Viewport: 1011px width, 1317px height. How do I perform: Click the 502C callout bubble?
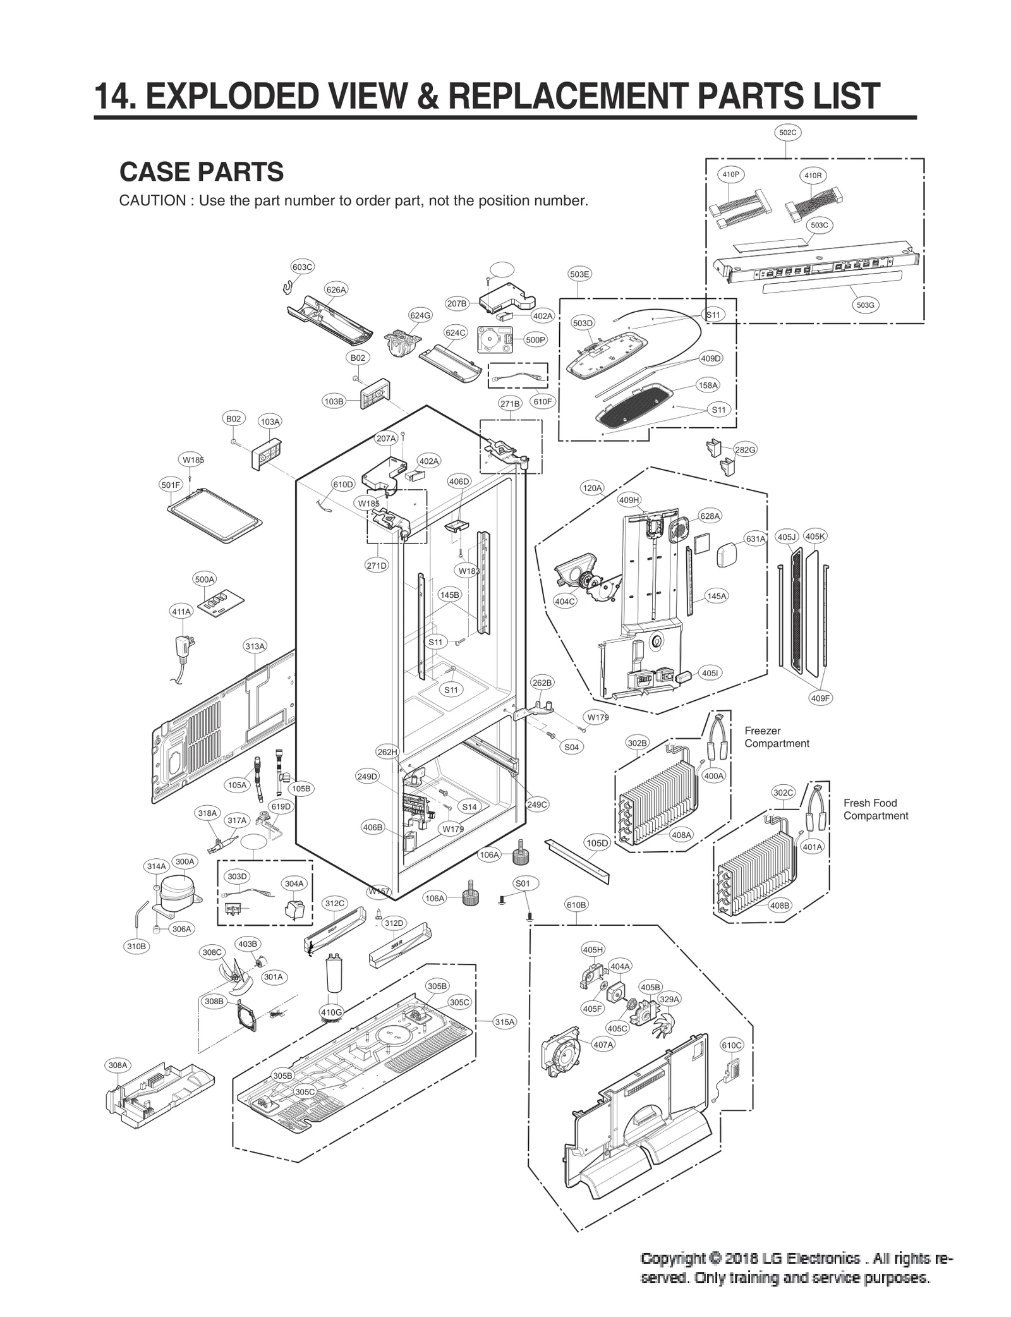787,133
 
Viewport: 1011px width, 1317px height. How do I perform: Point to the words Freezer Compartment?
776,737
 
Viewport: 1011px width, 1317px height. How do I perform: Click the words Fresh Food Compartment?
875,809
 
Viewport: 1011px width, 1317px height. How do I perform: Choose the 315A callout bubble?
504,1022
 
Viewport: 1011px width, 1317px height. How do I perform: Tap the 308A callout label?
118,1065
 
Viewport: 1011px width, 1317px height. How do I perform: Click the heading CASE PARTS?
201,172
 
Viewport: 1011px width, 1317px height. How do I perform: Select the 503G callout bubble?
865,305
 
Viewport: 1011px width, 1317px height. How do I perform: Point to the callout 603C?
302,267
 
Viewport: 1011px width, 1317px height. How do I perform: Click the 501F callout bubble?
171,485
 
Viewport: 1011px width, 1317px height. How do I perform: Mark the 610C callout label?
732,1045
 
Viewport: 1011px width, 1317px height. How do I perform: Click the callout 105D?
597,843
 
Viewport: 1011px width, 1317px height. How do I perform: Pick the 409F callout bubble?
820,698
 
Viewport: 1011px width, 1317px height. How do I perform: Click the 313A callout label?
255,646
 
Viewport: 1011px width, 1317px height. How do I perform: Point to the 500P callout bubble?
535,340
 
